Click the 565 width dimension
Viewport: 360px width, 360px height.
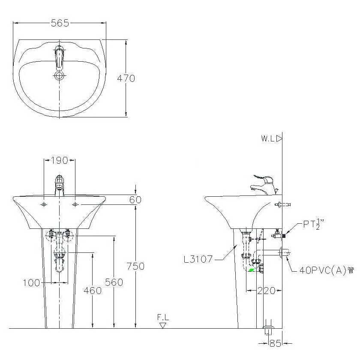point(60,23)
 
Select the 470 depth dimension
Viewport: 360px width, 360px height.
point(126,78)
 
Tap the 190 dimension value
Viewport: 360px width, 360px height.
point(59,160)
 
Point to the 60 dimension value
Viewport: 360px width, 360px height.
point(135,200)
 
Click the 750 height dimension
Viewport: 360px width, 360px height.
point(136,266)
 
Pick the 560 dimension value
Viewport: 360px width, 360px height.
point(114,282)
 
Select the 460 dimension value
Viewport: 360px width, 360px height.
point(93,291)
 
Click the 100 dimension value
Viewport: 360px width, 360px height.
point(31,282)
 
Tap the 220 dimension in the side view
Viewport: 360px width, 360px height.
point(266,291)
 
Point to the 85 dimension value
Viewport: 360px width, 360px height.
point(275,343)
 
